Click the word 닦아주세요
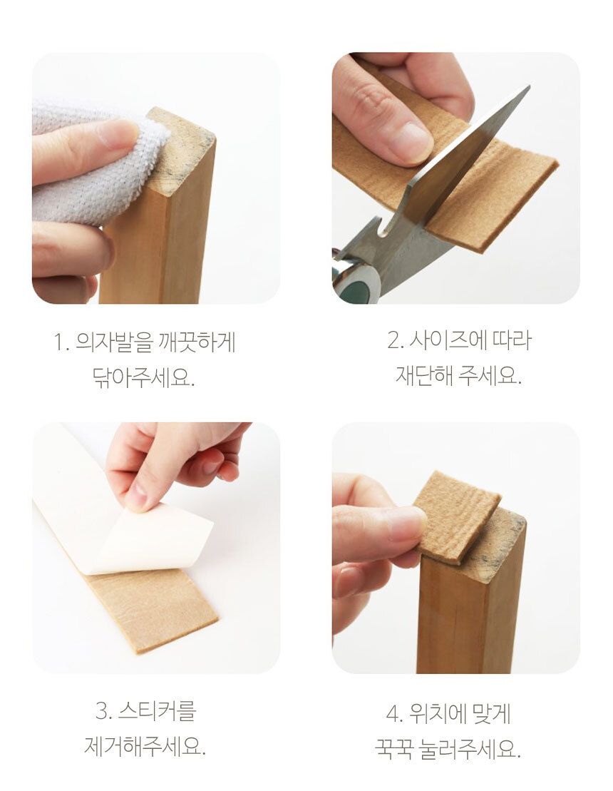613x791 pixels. [143, 377]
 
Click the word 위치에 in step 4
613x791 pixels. [434, 714]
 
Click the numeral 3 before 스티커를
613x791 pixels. [103, 711]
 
